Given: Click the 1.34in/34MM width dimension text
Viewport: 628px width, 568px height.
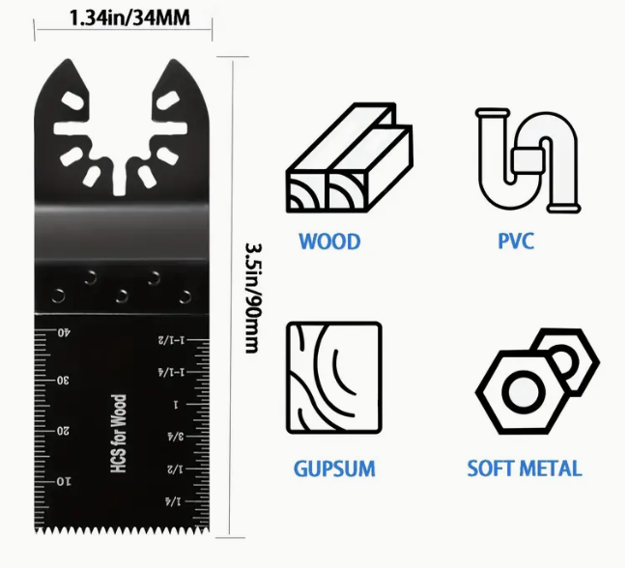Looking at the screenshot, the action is pyautogui.click(x=129, y=18).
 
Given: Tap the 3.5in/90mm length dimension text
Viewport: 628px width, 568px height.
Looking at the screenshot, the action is pyautogui.click(x=253, y=298).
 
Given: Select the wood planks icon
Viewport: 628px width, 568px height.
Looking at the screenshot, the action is pyautogui.click(x=349, y=157).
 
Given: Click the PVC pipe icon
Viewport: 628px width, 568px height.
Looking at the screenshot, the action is pyautogui.click(x=528, y=160).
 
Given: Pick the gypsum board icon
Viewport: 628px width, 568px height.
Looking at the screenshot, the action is pyautogui.click(x=334, y=378).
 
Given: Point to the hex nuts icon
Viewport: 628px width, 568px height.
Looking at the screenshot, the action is pyautogui.click(x=537, y=382).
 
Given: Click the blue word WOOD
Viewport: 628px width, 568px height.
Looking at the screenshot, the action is pyautogui.click(x=329, y=241).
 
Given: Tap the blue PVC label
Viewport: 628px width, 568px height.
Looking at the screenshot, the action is pyautogui.click(x=516, y=241).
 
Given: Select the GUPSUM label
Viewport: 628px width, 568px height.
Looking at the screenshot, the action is pyautogui.click(x=334, y=469).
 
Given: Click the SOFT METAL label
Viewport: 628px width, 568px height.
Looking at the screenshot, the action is pyautogui.click(x=525, y=469).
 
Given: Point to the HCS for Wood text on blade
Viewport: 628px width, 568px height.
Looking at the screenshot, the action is pyautogui.click(x=119, y=434).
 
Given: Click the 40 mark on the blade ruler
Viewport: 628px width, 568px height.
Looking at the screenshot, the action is pyautogui.click(x=64, y=332).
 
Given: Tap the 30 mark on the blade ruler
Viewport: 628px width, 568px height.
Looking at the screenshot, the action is pyautogui.click(x=63, y=381).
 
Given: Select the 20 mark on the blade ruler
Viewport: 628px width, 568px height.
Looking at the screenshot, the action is pyautogui.click(x=63, y=431).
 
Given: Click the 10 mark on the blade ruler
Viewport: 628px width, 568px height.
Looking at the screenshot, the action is pyautogui.click(x=63, y=481).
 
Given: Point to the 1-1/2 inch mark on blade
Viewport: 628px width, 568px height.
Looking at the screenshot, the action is pyautogui.click(x=172, y=340).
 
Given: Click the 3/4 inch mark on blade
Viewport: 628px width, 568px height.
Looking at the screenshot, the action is pyautogui.click(x=176, y=437).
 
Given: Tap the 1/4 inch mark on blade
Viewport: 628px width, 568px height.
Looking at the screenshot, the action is pyautogui.click(x=173, y=501).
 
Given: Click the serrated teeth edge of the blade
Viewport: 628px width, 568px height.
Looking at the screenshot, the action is pyautogui.click(x=122, y=531).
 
